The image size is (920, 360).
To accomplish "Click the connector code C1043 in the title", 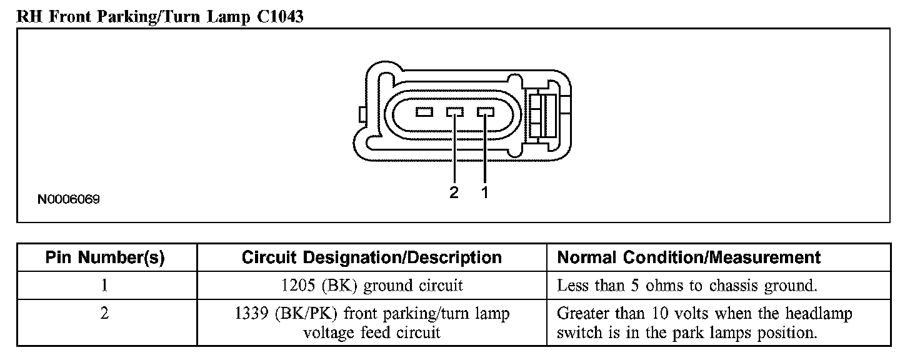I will point(279,16).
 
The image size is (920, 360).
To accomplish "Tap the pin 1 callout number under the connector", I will point(484,192).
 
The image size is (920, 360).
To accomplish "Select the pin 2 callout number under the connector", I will point(454,192).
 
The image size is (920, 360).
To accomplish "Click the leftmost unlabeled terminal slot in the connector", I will point(424,112).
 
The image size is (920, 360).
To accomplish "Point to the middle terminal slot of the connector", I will point(454,112).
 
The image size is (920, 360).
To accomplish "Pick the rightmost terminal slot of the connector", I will point(485,112).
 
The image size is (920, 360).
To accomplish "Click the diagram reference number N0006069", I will point(69,200).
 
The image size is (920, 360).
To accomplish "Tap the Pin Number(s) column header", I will point(105,257).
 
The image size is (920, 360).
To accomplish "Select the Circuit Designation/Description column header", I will point(371,257).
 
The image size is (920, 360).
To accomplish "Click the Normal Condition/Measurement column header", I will point(689,257).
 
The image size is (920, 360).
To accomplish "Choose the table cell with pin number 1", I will point(105,286).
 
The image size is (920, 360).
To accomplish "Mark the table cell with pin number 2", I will point(105,313).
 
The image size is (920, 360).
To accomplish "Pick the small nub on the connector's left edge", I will point(362,114).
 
